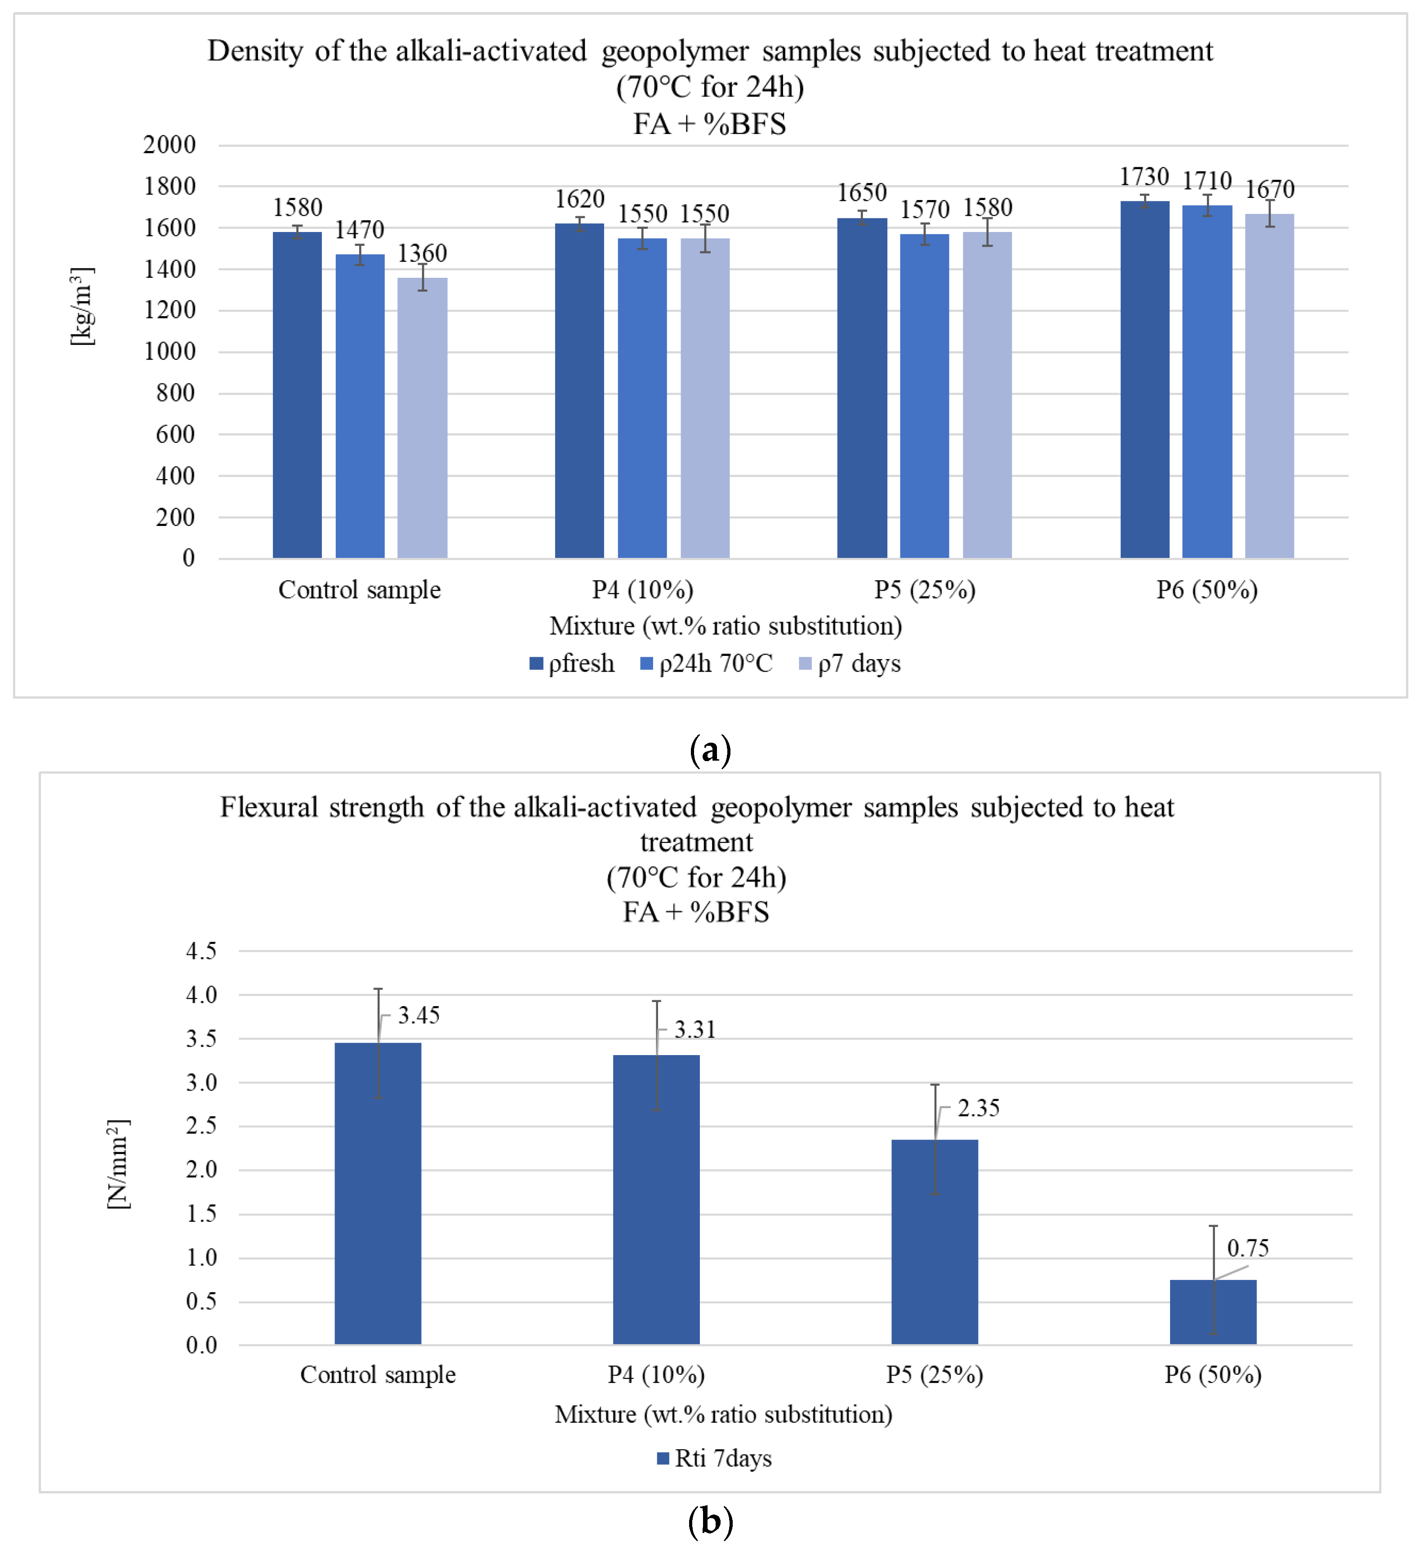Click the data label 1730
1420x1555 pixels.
(1144, 177)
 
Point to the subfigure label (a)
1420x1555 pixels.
(710, 750)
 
